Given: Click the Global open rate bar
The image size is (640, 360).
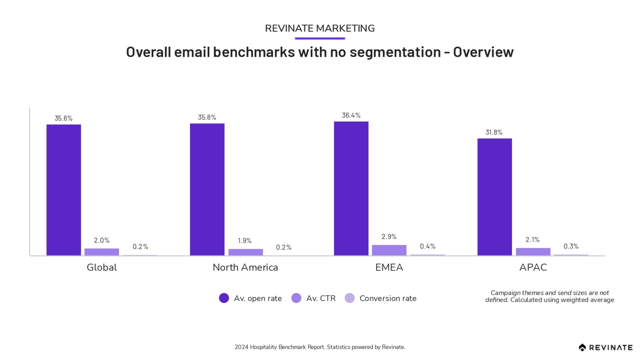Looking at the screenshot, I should (63, 190).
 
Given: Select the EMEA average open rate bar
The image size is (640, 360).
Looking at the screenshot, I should (351, 188).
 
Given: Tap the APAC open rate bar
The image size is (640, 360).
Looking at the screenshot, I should (494, 197).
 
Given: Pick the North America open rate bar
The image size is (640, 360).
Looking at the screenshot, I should (207, 189).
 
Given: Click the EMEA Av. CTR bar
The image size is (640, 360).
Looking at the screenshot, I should (389, 250).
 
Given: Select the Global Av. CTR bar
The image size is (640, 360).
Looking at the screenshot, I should (102, 252).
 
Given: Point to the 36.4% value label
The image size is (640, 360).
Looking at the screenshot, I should (351, 115).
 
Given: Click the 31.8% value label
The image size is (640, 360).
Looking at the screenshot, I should (494, 132).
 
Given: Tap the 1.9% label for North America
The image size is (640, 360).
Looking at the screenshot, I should (245, 241).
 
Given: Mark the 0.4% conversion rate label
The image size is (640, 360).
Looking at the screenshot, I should (427, 246).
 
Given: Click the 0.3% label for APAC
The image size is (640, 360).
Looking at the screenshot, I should (571, 246).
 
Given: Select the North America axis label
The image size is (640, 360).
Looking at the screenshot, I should (245, 267).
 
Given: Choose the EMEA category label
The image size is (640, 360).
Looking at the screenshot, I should (389, 267).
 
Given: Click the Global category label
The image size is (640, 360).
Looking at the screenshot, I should (102, 267).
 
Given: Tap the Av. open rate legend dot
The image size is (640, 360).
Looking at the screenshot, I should (224, 298).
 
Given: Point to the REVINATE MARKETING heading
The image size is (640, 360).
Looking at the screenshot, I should (320, 28).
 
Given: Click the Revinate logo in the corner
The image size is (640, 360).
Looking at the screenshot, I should (605, 347).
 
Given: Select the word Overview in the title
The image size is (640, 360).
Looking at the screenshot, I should (483, 52).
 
